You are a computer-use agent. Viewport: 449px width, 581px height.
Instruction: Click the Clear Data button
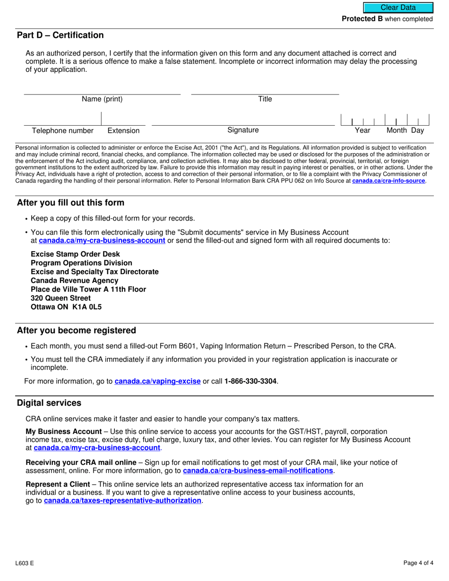(x=398, y=8)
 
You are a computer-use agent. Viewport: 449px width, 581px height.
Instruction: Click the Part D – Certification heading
(x=60, y=35)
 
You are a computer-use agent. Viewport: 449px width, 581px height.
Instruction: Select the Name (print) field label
(x=102, y=99)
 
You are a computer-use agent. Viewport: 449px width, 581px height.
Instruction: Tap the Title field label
(x=265, y=99)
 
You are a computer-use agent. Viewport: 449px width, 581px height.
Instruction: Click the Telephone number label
(x=62, y=131)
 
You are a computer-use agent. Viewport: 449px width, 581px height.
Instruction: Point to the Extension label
(x=123, y=131)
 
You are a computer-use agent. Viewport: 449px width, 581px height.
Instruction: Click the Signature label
(x=243, y=130)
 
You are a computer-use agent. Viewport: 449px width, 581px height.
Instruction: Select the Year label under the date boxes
(x=363, y=131)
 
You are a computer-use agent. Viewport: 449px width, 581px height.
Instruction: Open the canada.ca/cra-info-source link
(x=389, y=181)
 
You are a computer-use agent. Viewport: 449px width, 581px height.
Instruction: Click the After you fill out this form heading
(x=70, y=203)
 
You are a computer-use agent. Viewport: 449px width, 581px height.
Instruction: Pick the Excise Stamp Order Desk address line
(x=75, y=254)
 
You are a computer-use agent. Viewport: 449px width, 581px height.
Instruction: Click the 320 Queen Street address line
(x=60, y=298)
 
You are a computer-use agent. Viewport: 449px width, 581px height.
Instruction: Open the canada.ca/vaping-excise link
(x=157, y=381)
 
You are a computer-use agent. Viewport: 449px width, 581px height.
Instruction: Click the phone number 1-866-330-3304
(x=250, y=381)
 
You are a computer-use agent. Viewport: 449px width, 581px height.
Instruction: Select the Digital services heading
(x=49, y=403)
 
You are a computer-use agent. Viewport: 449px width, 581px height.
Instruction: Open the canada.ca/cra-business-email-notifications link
(x=258, y=471)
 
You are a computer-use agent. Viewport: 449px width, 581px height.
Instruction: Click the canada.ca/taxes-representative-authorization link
(x=122, y=501)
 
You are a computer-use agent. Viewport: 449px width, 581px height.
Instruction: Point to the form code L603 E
(x=25, y=563)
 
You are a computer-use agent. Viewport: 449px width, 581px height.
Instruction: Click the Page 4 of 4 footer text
(x=418, y=563)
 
